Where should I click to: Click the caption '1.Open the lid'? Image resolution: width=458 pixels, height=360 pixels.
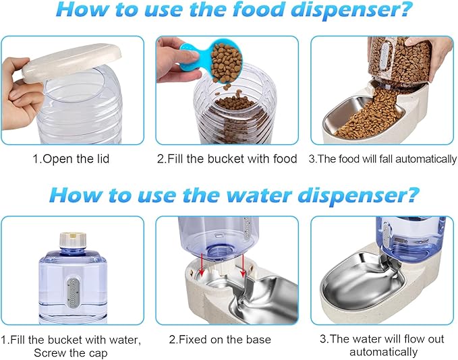[x=73, y=159]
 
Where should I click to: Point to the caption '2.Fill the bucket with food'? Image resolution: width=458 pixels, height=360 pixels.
[x=227, y=159]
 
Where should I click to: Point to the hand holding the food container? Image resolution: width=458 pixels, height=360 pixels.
[x=437, y=51]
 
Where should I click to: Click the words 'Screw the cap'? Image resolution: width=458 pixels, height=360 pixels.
[x=73, y=352]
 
